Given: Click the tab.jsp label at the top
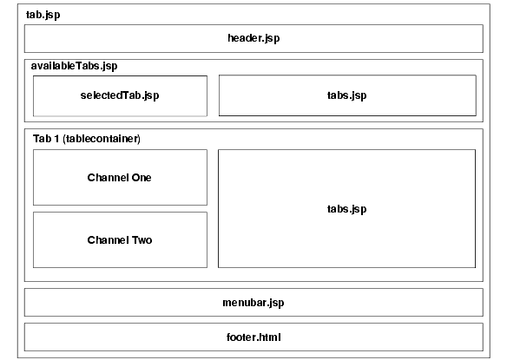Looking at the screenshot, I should click(x=43, y=15).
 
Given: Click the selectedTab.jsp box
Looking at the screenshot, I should click(x=120, y=95).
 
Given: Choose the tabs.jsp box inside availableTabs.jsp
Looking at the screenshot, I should click(x=347, y=95).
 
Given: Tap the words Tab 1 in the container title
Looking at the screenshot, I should click(x=48, y=139).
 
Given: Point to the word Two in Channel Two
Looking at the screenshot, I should click(x=141, y=240).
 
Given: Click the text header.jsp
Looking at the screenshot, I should click(x=253, y=39).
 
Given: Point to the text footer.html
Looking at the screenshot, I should click(x=253, y=337).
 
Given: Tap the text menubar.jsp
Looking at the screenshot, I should click(x=253, y=303).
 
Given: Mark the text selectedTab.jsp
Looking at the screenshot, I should click(x=120, y=95).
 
